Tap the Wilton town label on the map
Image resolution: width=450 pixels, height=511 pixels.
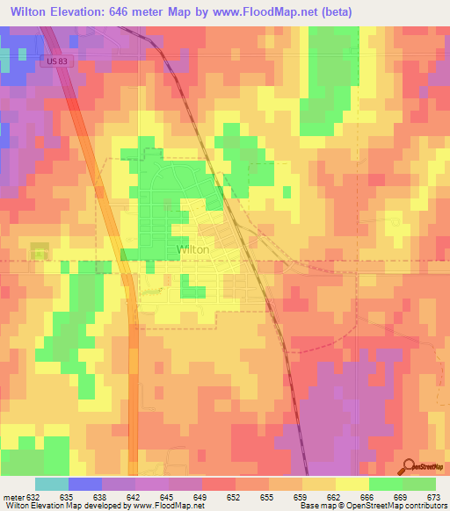coord(192,249)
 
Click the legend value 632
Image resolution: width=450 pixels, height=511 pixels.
coord(34,496)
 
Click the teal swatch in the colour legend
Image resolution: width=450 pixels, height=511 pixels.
coord(51,484)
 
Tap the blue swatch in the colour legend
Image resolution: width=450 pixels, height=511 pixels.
coord(84,484)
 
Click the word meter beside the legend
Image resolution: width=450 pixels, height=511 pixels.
coord(12,496)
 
